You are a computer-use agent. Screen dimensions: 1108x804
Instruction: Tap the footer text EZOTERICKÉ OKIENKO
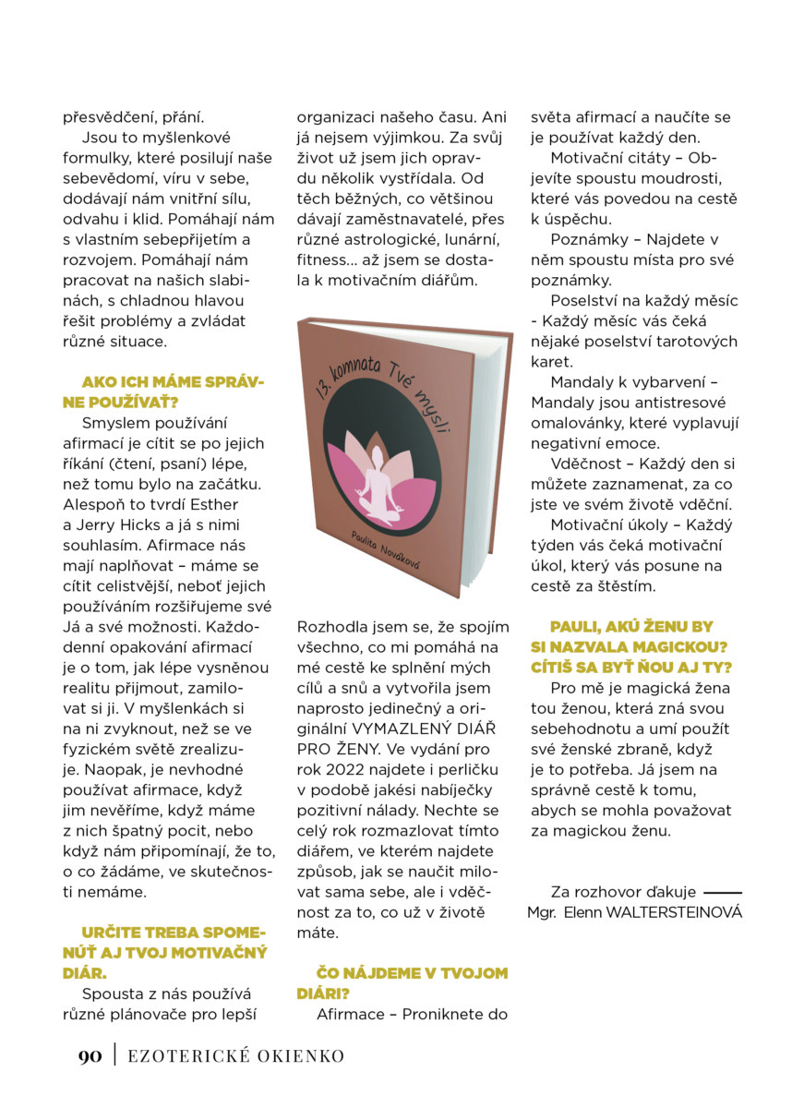pos(235,1055)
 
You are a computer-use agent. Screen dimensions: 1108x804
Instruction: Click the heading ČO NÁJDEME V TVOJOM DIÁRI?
pos(402,983)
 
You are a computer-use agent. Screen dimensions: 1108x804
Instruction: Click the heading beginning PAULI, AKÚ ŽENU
pos(634,646)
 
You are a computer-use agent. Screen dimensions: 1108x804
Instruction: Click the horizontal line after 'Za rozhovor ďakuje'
pos(723,893)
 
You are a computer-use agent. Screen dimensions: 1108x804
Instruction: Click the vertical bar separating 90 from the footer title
pos(115,1055)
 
